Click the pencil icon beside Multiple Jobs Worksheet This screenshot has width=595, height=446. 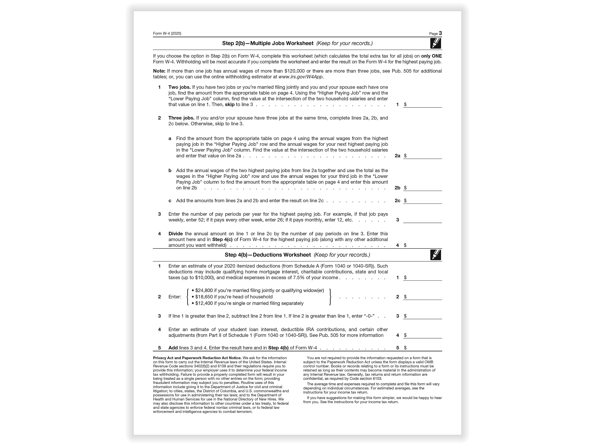(436, 43)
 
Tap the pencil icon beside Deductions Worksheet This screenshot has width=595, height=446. (436, 255)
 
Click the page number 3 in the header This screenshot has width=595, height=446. (440, 33)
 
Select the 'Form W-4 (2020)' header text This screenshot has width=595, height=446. (167, 33)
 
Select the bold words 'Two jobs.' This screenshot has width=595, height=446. (179, 87)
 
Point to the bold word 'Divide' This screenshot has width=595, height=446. (175, 234)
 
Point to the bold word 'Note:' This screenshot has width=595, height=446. (159, 71)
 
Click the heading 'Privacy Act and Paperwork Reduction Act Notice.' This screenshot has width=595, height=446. (197, 358)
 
